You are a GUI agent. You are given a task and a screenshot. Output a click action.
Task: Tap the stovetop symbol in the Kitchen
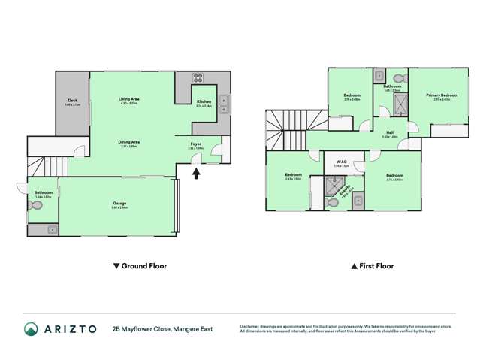[x=199, y=77]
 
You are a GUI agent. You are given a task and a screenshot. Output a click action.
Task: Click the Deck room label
[x=73, y=100]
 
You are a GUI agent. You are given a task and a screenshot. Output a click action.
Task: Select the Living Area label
[x=129, y=99]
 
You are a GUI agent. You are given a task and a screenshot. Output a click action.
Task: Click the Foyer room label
[x=195, y=145]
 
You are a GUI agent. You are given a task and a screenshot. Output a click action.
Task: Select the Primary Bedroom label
[x=441, y=95]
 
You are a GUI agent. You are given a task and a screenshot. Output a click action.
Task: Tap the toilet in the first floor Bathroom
[x=399, y=77]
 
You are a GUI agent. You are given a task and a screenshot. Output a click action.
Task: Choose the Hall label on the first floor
[x=390, y=134]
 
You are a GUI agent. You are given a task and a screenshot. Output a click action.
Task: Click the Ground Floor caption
[x=139, y=266]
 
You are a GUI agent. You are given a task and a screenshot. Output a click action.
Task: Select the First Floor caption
[x=373, y=266]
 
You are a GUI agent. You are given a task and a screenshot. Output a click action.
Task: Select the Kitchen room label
[x=204, y=101]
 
